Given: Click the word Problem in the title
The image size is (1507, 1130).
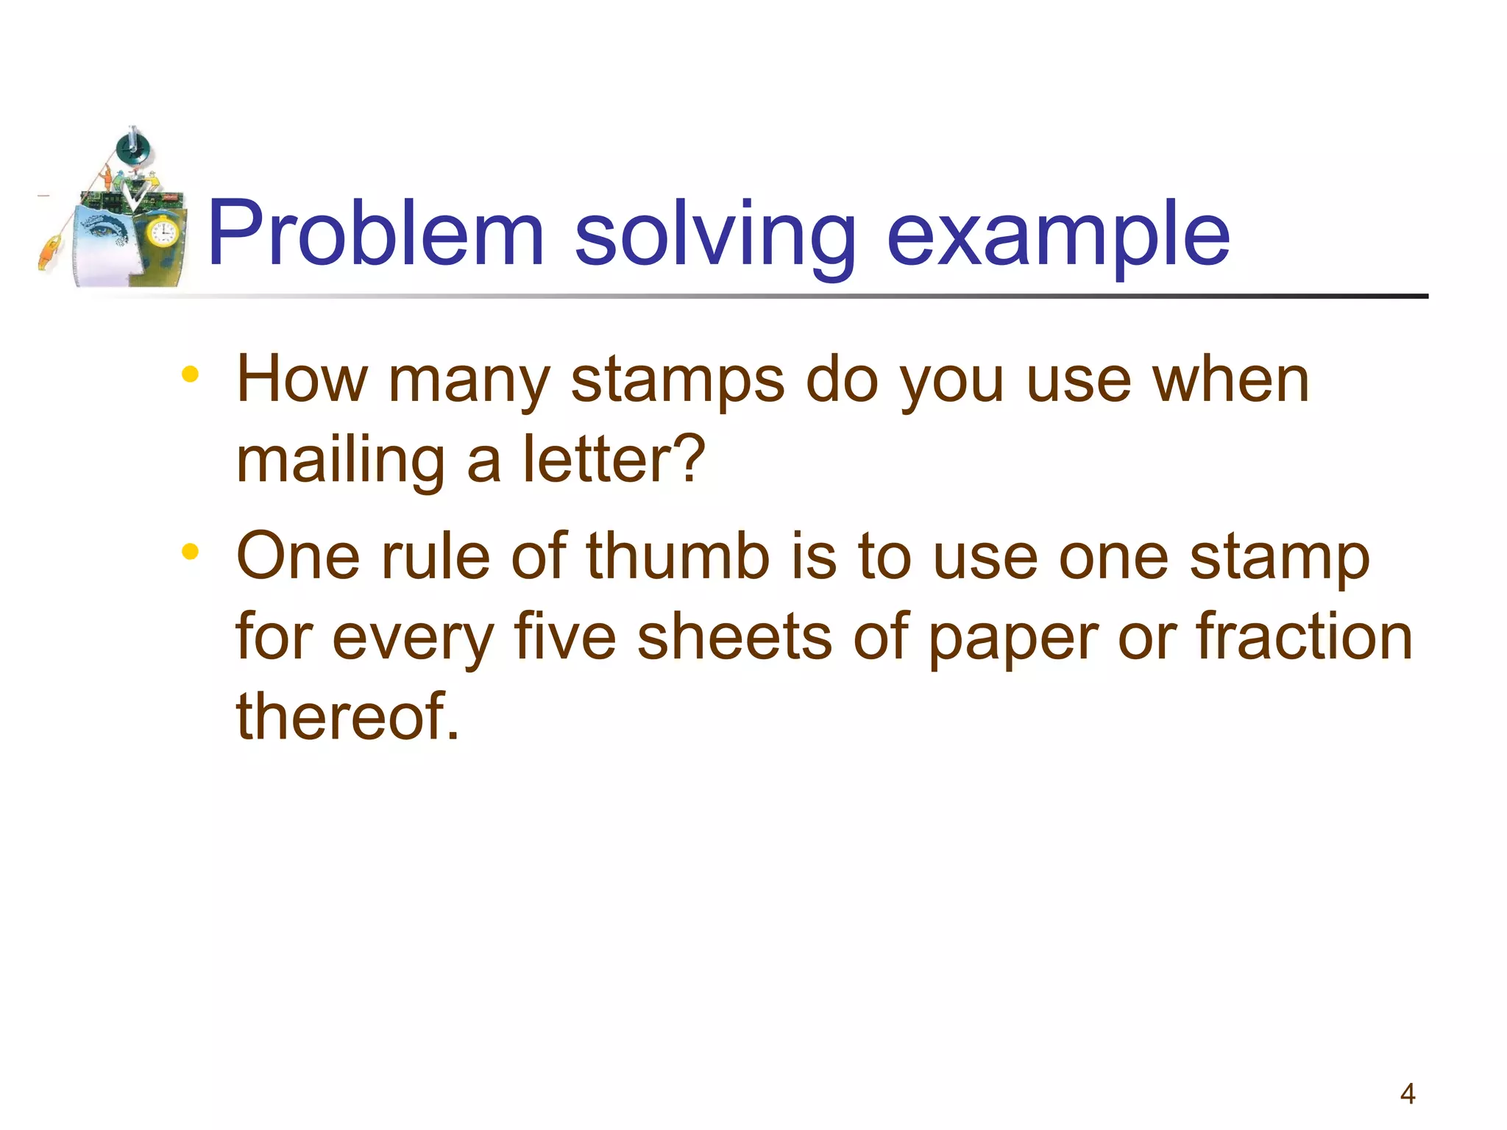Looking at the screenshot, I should pyautogui.click(x=375, y=234).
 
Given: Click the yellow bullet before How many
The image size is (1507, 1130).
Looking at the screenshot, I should pyautogui.click(x=190, y=374).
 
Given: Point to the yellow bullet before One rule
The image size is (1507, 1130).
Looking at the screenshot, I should pyautogui.click(x=190, y=551).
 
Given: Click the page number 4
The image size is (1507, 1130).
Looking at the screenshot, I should pyautogui.click(x=1407, y=1094).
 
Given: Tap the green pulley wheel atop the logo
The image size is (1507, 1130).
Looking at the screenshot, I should pyautogui.click(x=133, y=147).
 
